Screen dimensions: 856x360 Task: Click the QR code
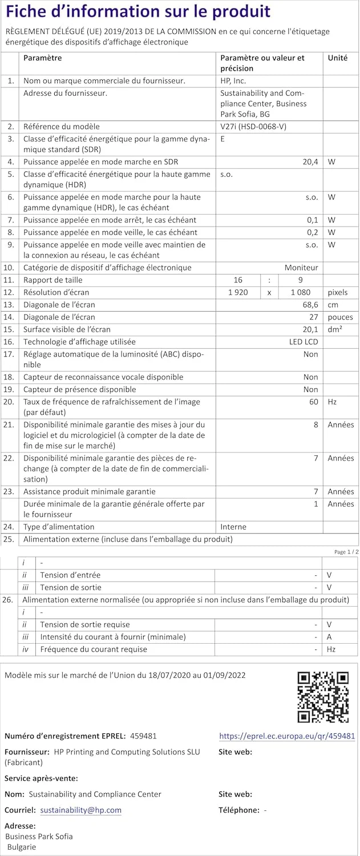coord(323,697)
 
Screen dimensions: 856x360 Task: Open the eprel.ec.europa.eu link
coord(287,736)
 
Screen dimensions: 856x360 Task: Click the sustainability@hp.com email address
coord(81,810)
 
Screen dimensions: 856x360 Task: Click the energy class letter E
coord(223,139)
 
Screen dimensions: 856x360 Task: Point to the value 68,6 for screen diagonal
coord(310,305)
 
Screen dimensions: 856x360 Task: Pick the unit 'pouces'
coord(340,317)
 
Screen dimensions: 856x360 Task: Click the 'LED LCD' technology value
coord(304,341)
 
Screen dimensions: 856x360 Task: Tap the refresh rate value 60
coord(314,402)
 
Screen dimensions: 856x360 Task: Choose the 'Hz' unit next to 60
coord(332,402)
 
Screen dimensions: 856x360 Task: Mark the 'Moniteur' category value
coord(302,268)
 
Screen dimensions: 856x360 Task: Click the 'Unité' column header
coord(338,58)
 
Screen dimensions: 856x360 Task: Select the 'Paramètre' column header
coord(43,58)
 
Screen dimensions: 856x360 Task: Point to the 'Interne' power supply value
coord(234,527)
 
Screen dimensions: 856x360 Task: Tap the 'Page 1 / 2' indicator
coord(346,552)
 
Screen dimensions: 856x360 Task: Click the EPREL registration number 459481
coord(143,736)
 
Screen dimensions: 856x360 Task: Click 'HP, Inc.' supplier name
coord(233,80)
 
